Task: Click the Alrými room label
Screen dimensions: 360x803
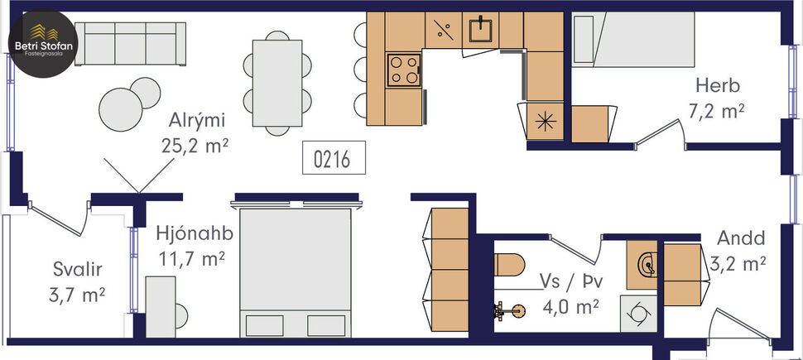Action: pos(195,121)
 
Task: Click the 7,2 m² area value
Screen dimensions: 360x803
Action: pos(717,111)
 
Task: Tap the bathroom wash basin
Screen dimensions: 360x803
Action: pos(645,263)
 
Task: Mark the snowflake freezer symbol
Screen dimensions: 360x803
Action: pos(545,119)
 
